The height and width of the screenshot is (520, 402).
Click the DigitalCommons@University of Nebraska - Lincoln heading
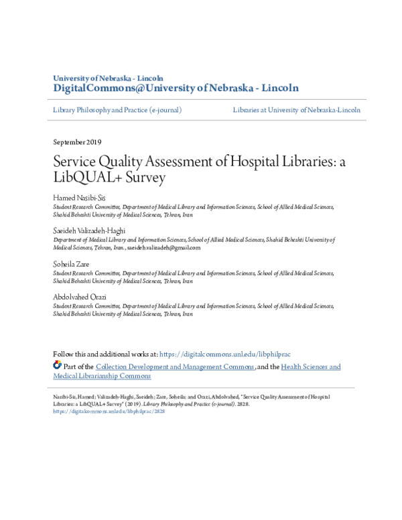click(176, 88)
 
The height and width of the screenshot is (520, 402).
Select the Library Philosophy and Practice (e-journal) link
click(117, 110)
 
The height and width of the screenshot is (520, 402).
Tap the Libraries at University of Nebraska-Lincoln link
click(297, 110)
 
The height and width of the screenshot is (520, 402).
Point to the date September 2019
click(77, 142)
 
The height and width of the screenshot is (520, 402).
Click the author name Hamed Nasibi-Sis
click(79, 198)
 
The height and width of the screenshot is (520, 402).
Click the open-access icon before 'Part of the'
click(57, 366)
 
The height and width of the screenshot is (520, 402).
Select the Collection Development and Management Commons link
click(175, 367)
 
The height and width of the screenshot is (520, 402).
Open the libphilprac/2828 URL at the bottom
click(109, 411)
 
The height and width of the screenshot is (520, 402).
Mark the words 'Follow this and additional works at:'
click(105, 354)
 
